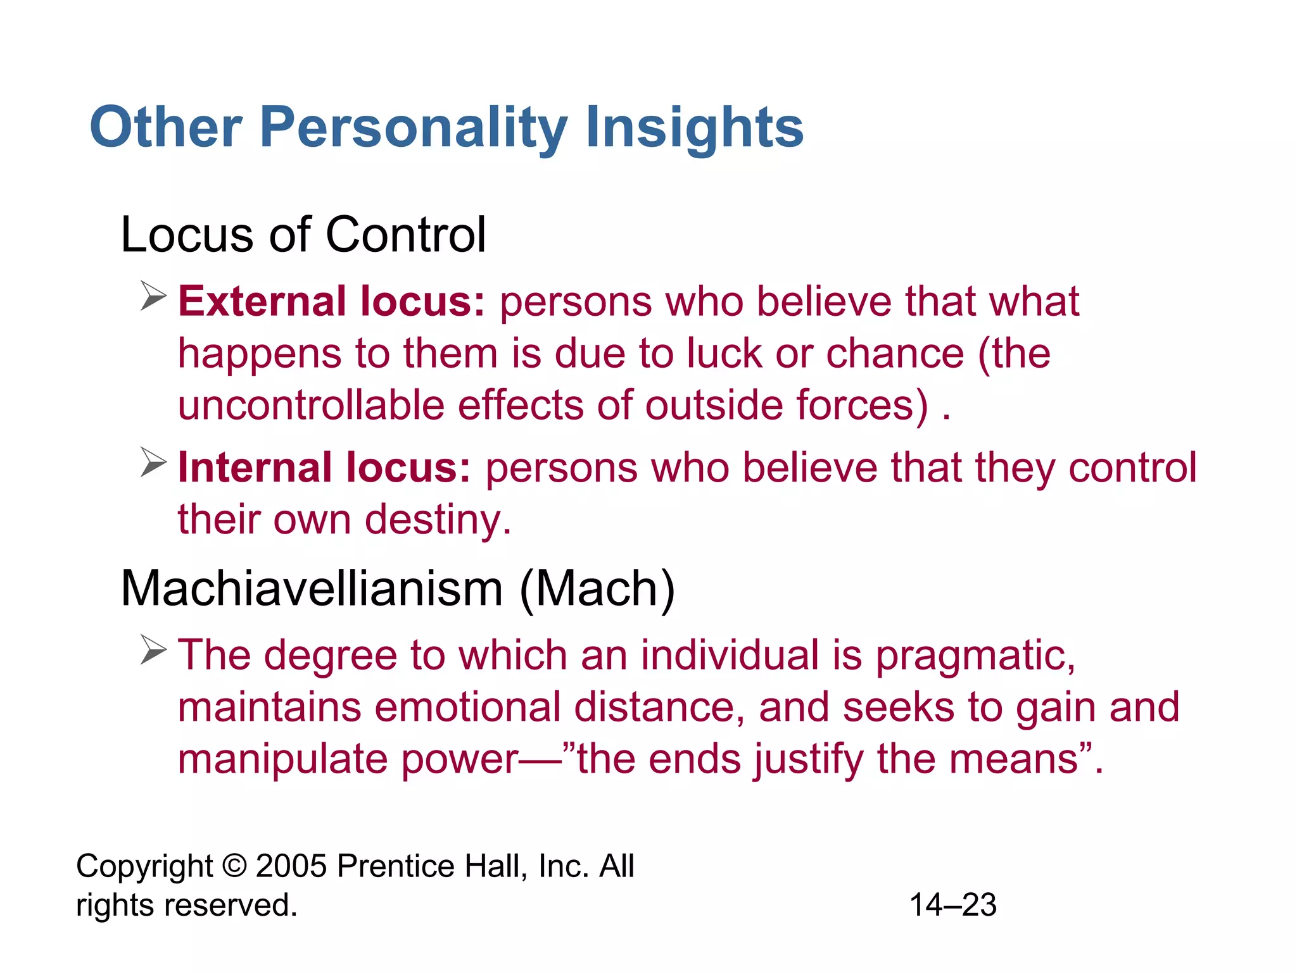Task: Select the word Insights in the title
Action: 694,128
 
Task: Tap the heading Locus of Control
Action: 303,235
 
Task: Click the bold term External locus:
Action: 331,301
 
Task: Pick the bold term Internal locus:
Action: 324,468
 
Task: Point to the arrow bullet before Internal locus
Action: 153,463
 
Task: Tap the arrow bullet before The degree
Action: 153,650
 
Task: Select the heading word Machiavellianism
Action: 312,589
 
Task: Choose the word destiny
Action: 438,520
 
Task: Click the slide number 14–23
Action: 953,905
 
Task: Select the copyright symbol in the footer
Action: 234,866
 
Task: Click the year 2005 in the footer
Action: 292,866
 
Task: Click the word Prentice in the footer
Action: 395,866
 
